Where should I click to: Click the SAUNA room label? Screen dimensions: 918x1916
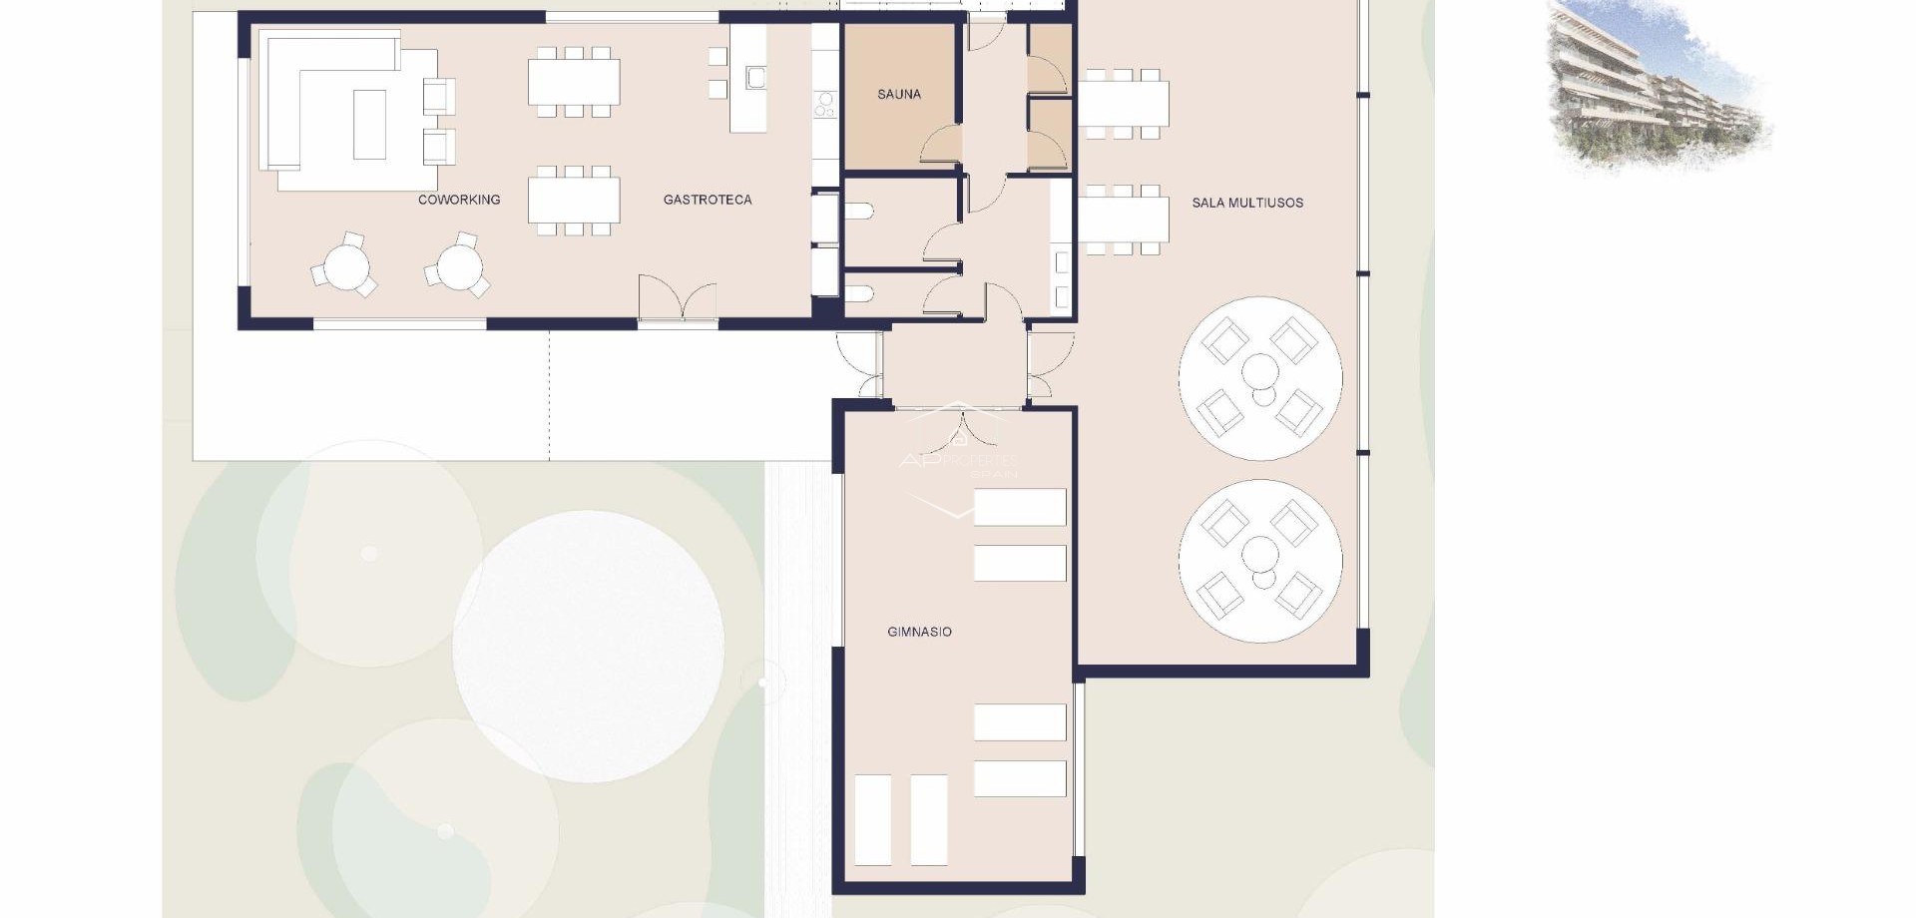pos(898,95)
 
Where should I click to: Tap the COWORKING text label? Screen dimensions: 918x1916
pos(459,200)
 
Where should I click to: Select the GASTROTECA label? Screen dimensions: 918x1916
pos(708,200)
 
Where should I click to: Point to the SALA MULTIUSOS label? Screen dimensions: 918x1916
pos(1247,203)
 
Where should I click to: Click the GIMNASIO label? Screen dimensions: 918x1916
pos(919,632)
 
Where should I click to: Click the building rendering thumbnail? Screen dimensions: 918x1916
pos(1657,85)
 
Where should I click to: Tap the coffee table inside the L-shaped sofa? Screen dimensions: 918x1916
pos(369,124)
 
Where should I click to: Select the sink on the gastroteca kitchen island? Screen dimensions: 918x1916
pos(755,77)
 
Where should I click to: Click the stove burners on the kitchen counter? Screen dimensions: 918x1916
pos(825,104)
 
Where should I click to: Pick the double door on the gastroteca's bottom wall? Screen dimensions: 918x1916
pos(678,299)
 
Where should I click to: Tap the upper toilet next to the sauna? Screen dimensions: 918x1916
pos(860,212)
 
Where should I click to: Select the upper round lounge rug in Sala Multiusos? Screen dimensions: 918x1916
pos(1259,378)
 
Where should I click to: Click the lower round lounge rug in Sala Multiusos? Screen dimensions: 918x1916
pos(1259,561)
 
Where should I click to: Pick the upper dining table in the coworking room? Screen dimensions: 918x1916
pos(574,82)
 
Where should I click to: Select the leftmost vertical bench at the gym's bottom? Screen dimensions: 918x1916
pos(873,819)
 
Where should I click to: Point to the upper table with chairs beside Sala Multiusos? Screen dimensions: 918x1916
pos(1124,103)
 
